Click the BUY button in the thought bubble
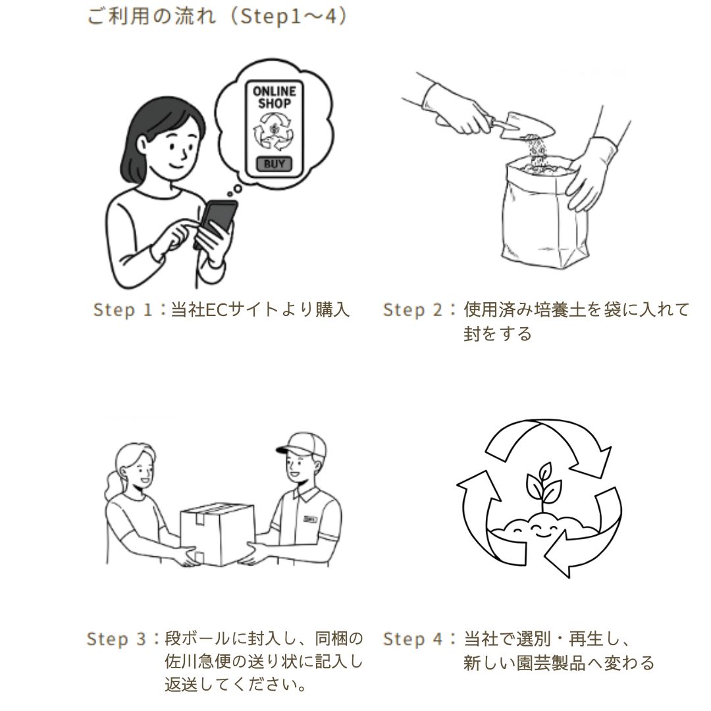click(x=274, y=164)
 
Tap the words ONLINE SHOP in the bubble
click(x=274, y=97)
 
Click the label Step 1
click(x=122, y=309)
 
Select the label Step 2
click(x=412, y=309)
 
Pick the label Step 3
click(x=116, y=639)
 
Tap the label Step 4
click(x=412, y=639)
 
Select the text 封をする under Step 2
click(x=498, y=334)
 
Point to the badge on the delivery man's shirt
click(x=311, y=519)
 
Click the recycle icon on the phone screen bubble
click(x=273, y=132)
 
